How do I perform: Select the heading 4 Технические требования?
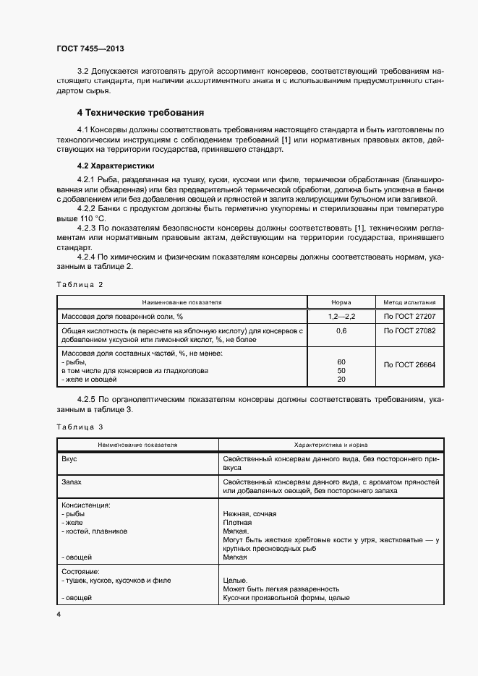click(x=140, y=113)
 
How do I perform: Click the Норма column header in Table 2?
click(x=341, y=302)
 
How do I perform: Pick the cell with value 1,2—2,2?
click(x=341, y=317)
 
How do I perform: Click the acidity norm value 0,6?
click(x=341, y=330)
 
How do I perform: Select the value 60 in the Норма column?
click(x=341, y=361)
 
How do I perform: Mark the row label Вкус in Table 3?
click(x=69, y=459)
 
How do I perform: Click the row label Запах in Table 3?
click(x=72, y=482)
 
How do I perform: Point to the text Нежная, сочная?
click(x=249, y=514)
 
